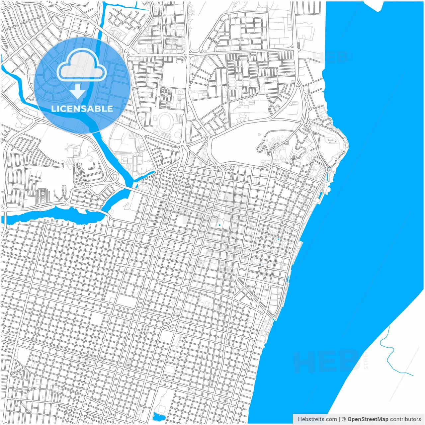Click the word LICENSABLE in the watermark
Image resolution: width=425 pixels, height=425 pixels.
point(82,109)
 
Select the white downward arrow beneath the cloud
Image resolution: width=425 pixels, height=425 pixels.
point(78,91)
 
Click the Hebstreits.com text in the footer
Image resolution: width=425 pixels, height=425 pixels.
point(317,419)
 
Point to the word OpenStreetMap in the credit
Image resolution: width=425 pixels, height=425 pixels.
point(368,419)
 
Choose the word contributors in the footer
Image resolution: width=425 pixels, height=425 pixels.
point(405,419)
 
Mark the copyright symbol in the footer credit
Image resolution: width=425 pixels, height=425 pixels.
point(344,419)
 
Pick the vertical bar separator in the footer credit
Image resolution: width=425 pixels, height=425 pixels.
point(339,419)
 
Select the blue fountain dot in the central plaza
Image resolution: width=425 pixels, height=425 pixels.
point(219,225)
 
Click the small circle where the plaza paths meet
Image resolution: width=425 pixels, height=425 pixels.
point(223,219)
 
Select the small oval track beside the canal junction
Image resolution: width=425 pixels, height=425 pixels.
point(143,187)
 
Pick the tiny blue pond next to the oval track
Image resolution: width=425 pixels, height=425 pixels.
point(135,186)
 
